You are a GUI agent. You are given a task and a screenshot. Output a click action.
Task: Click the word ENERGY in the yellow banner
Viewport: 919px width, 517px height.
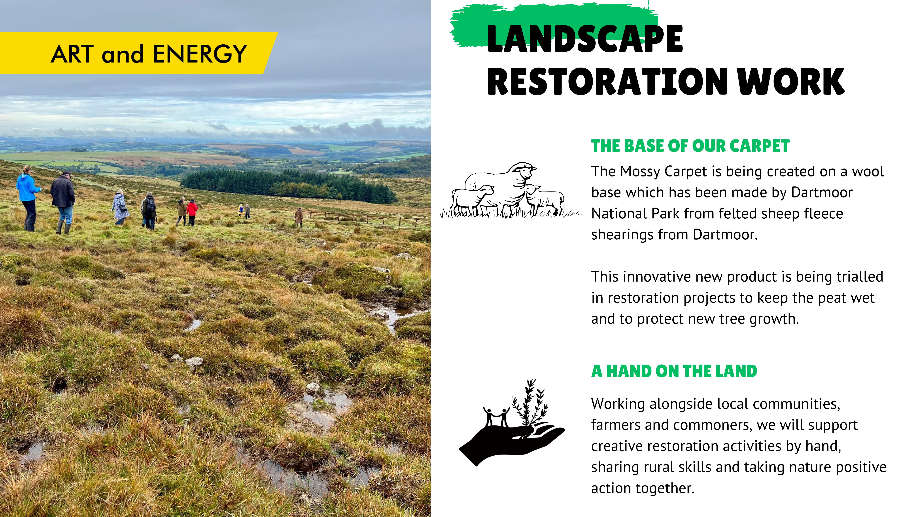click(200, 54)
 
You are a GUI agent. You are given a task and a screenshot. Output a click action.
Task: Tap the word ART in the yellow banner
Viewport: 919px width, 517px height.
click(72, 54)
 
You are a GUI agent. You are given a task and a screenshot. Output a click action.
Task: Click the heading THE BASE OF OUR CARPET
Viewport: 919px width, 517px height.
click(690, 146)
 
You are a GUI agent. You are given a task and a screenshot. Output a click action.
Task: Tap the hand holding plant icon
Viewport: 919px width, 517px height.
click(512, 423)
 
